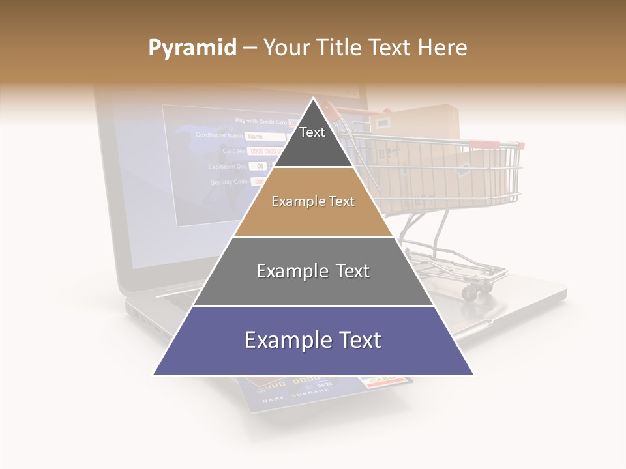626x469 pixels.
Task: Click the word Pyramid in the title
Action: [x=192, y=48]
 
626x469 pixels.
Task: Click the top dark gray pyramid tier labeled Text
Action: [x=312, y=140]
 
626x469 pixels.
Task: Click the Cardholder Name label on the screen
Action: [x=219, y=135]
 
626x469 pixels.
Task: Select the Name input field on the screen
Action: [x=265, y=137]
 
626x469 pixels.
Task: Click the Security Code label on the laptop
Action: [x=229, y=182]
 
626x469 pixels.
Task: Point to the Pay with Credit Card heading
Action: [x=261, y=121]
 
